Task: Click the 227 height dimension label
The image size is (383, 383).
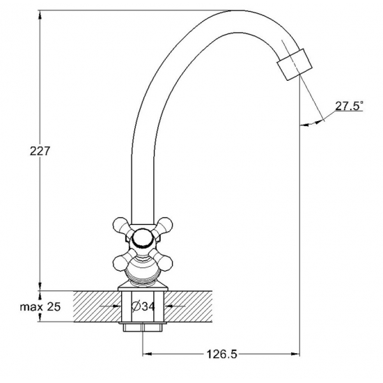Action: (x=40, y=151)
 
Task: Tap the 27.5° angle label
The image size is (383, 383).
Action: (x=349, y=106)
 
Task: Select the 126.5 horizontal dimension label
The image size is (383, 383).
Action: (x=221, y=354)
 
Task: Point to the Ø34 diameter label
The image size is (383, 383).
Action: (x=143, y=306)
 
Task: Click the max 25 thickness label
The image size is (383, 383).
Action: (x=40, y=307)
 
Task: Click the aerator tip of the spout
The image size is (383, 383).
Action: (x=295, y=64)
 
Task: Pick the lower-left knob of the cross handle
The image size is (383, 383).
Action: (x=121, y=263)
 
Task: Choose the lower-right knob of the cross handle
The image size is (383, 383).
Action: (x=164, y=263)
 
